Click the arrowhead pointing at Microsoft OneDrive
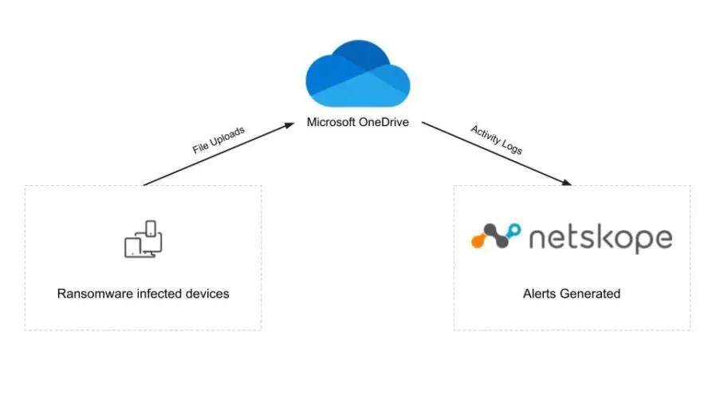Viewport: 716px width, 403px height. click(x=291, y=126)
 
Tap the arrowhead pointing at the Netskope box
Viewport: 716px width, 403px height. click(x=566, y=183)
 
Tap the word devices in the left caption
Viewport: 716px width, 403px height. click(x=208, y=294)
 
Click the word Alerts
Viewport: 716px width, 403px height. click(x=540, y=294)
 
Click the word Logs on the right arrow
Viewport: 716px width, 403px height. click(x=511, y=147)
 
